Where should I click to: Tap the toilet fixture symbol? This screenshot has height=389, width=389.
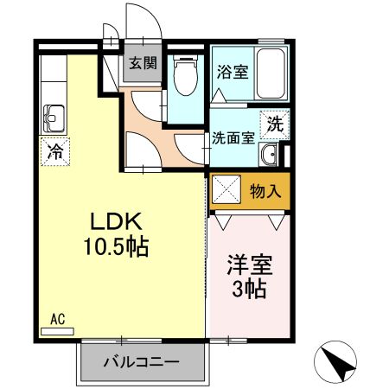click(183, 76)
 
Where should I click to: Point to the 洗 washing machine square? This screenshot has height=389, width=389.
click(274, 123)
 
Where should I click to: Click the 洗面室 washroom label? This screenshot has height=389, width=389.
click(233, 138)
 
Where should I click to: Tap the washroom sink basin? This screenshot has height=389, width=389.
click(269, 156)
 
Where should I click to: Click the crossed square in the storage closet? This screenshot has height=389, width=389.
click(227, 190)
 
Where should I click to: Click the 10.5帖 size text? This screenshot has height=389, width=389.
click(115, 247)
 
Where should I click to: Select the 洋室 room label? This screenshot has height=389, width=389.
click(246, 260)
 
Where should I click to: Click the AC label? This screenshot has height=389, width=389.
click(58, 318)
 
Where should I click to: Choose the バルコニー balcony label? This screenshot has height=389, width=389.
click(143, 360)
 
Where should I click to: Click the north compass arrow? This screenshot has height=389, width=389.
click(340, 360)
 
